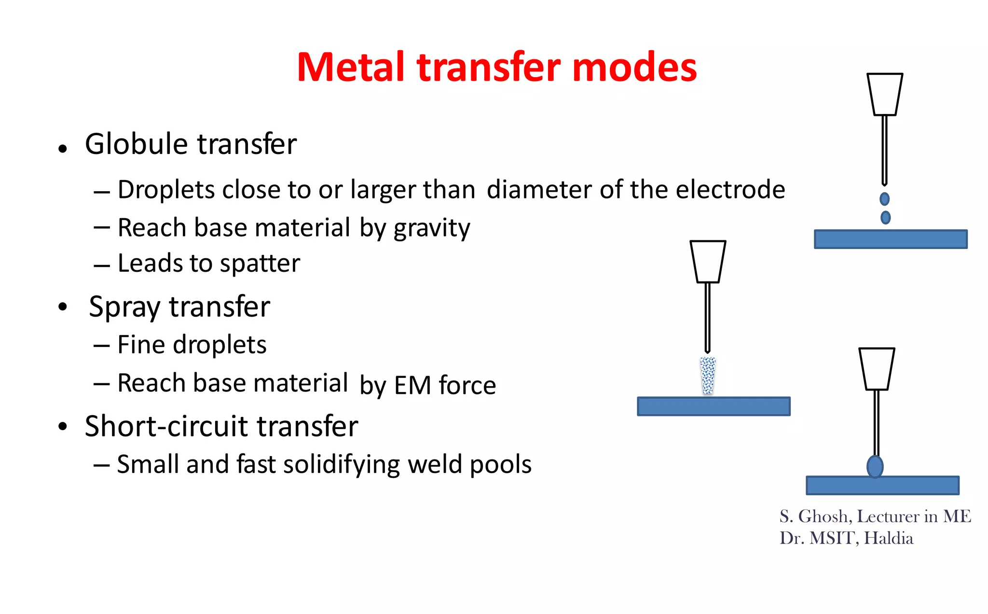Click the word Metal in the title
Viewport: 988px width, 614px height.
pos(351,67)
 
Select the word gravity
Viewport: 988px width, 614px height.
pos(431,228)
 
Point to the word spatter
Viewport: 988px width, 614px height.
pos(260,264)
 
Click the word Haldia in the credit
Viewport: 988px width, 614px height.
pos(889,538)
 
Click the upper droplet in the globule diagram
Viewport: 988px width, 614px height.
pos(884,199)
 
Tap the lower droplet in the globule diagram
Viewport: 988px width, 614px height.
pos(885,218)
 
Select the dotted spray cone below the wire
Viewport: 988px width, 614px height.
pos(708,376)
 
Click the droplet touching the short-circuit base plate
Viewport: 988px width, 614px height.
pos(875,466)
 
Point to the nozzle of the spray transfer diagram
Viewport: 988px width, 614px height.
pos(708,261)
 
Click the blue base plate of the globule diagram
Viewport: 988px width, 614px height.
pos(891,239)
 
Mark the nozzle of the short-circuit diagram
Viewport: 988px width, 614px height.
pos(877,368)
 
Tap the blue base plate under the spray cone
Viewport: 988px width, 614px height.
pos(714,406)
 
